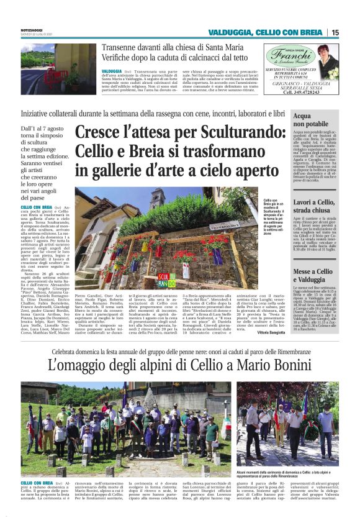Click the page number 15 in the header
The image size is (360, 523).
[x=335, y=32]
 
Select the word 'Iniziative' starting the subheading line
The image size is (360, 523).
[x=55, y=113]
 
